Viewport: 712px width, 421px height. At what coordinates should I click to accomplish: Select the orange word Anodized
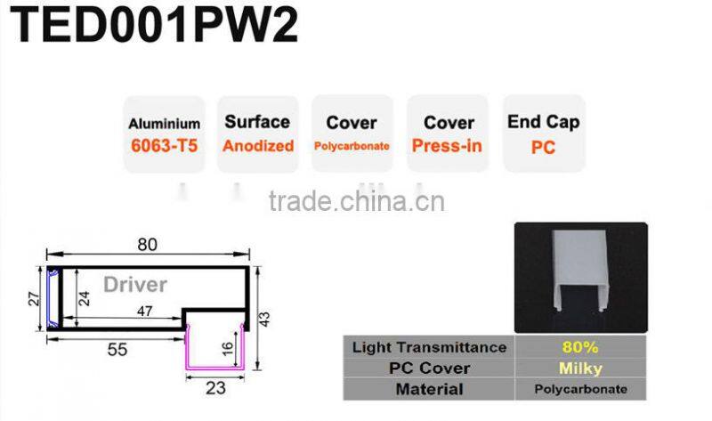(257, 145)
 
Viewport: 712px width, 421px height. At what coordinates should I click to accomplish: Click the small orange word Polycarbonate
(351, 145)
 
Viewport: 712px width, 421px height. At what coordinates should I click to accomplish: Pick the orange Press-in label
(448, 145)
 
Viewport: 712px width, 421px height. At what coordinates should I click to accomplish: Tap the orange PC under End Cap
(543, 147)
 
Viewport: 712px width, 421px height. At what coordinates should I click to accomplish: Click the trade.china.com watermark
(356, 202)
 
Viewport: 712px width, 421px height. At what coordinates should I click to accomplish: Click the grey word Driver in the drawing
(134, 285)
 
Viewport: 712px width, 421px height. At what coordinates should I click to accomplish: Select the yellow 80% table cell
(581, 346)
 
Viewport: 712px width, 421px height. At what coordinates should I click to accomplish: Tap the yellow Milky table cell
(581, 368)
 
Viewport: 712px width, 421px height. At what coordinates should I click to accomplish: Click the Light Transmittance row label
(429, 346)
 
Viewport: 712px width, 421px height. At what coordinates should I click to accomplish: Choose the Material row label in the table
(429, 389)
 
